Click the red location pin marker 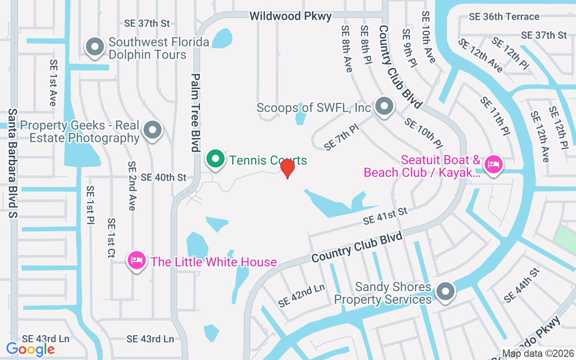tap(287, 168)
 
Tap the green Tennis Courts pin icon tap(216, 159)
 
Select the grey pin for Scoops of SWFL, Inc tap(384, 107)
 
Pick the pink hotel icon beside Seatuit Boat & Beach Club tap(494, 165)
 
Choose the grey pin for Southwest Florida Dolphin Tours tap(95, 47)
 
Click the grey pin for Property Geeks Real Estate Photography tap(153, 130)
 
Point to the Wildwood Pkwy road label tap(291, 16)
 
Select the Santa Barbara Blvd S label tap(13, 163)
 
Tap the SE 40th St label tap(163, 177)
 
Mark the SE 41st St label tap(385, 216)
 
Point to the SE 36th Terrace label tap(504, 17)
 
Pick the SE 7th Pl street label tap(342, 137)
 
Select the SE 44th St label tap(522, 285)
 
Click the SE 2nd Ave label tap(131, 186)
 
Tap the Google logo tap(31, 349)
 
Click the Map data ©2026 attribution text tap(538, 353)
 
